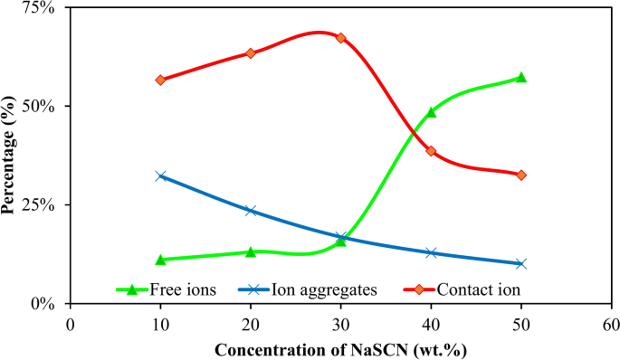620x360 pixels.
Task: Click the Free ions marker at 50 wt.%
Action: (521, 78)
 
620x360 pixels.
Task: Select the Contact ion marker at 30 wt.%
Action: (340, 38)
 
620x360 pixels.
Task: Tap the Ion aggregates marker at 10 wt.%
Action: (160, 175)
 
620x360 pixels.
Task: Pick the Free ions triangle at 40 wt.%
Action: (431, 112)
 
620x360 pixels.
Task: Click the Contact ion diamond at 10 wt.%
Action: (160, 80)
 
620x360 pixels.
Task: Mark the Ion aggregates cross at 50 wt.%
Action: (521, 263)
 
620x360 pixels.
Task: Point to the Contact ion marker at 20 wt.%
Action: (251, 53)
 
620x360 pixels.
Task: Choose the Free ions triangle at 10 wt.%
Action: (160, 260)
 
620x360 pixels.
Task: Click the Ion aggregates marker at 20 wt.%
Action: (251, 211)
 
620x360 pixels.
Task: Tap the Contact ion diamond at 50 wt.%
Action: (521, 175)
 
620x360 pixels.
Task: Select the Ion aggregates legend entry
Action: (322, 290)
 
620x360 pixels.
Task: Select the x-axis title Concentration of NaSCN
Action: (340, 348)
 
